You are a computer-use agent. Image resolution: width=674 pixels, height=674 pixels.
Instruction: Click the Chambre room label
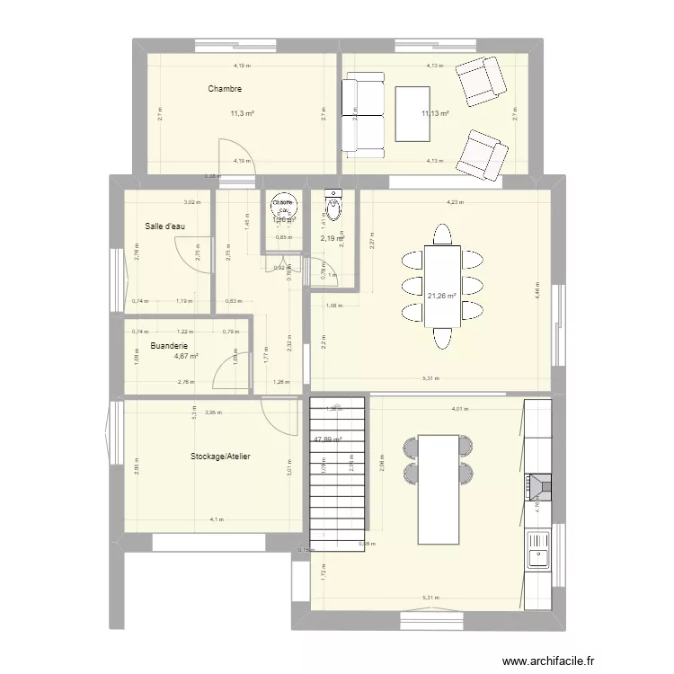(225, 89)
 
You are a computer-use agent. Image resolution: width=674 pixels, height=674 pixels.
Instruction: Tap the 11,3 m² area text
(241, 114)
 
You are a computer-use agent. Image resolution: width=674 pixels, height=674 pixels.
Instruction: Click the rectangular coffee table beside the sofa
(413, 113)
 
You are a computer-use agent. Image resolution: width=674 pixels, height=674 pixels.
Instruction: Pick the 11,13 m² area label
(435, 114)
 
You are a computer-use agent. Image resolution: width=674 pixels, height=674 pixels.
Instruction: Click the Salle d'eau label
(164, 226)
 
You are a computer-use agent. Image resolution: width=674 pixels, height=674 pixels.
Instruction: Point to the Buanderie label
(169, 345)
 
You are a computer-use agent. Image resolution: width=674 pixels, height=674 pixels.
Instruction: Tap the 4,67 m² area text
(186, 356)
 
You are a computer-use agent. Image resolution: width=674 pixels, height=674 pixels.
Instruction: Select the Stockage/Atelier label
(220, 457)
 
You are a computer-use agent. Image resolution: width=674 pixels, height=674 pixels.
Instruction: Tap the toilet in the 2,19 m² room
(333, 206)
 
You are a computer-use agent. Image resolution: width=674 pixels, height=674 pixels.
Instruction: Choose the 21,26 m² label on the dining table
(441, 295)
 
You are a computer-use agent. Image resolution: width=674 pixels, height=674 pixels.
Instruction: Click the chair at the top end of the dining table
(441, 235)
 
